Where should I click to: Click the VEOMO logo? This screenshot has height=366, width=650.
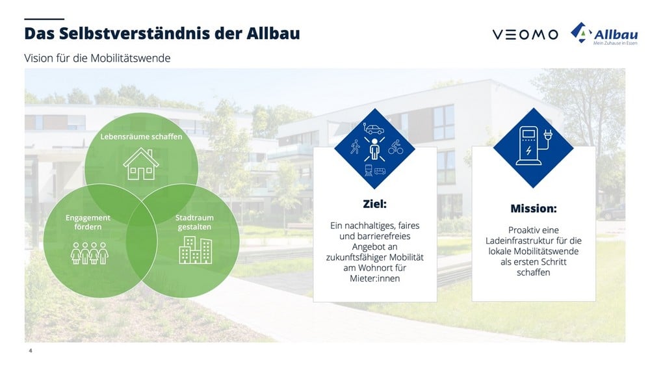click(x=525, y=34)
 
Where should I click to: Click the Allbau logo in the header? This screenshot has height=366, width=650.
click(x=604, y=34)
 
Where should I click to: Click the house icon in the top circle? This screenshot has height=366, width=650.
click(x=141, y=164)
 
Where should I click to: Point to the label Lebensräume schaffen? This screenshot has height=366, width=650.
click(x=141, y=137)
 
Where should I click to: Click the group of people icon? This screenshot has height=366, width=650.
click(x=90, y=253)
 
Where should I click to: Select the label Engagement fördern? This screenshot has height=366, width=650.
click(x=88, y=222)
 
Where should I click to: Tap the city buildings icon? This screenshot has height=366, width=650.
click(x=195, y=250)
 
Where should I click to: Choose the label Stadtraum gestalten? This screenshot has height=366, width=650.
click(x=194, y=222)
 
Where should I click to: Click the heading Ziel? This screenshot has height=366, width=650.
click(x=375, y=204)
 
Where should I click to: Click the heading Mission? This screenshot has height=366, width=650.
click(x=534, y=209)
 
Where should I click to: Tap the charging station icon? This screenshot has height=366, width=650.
click(x=534, y=146)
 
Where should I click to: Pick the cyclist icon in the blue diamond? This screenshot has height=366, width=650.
click(x=395, y=147)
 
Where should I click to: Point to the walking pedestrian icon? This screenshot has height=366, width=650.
click(x=355, y=147)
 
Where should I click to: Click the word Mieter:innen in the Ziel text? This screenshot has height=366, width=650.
click(x=375, y=278)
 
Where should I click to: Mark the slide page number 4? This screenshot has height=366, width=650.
click(x=31, y=350)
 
